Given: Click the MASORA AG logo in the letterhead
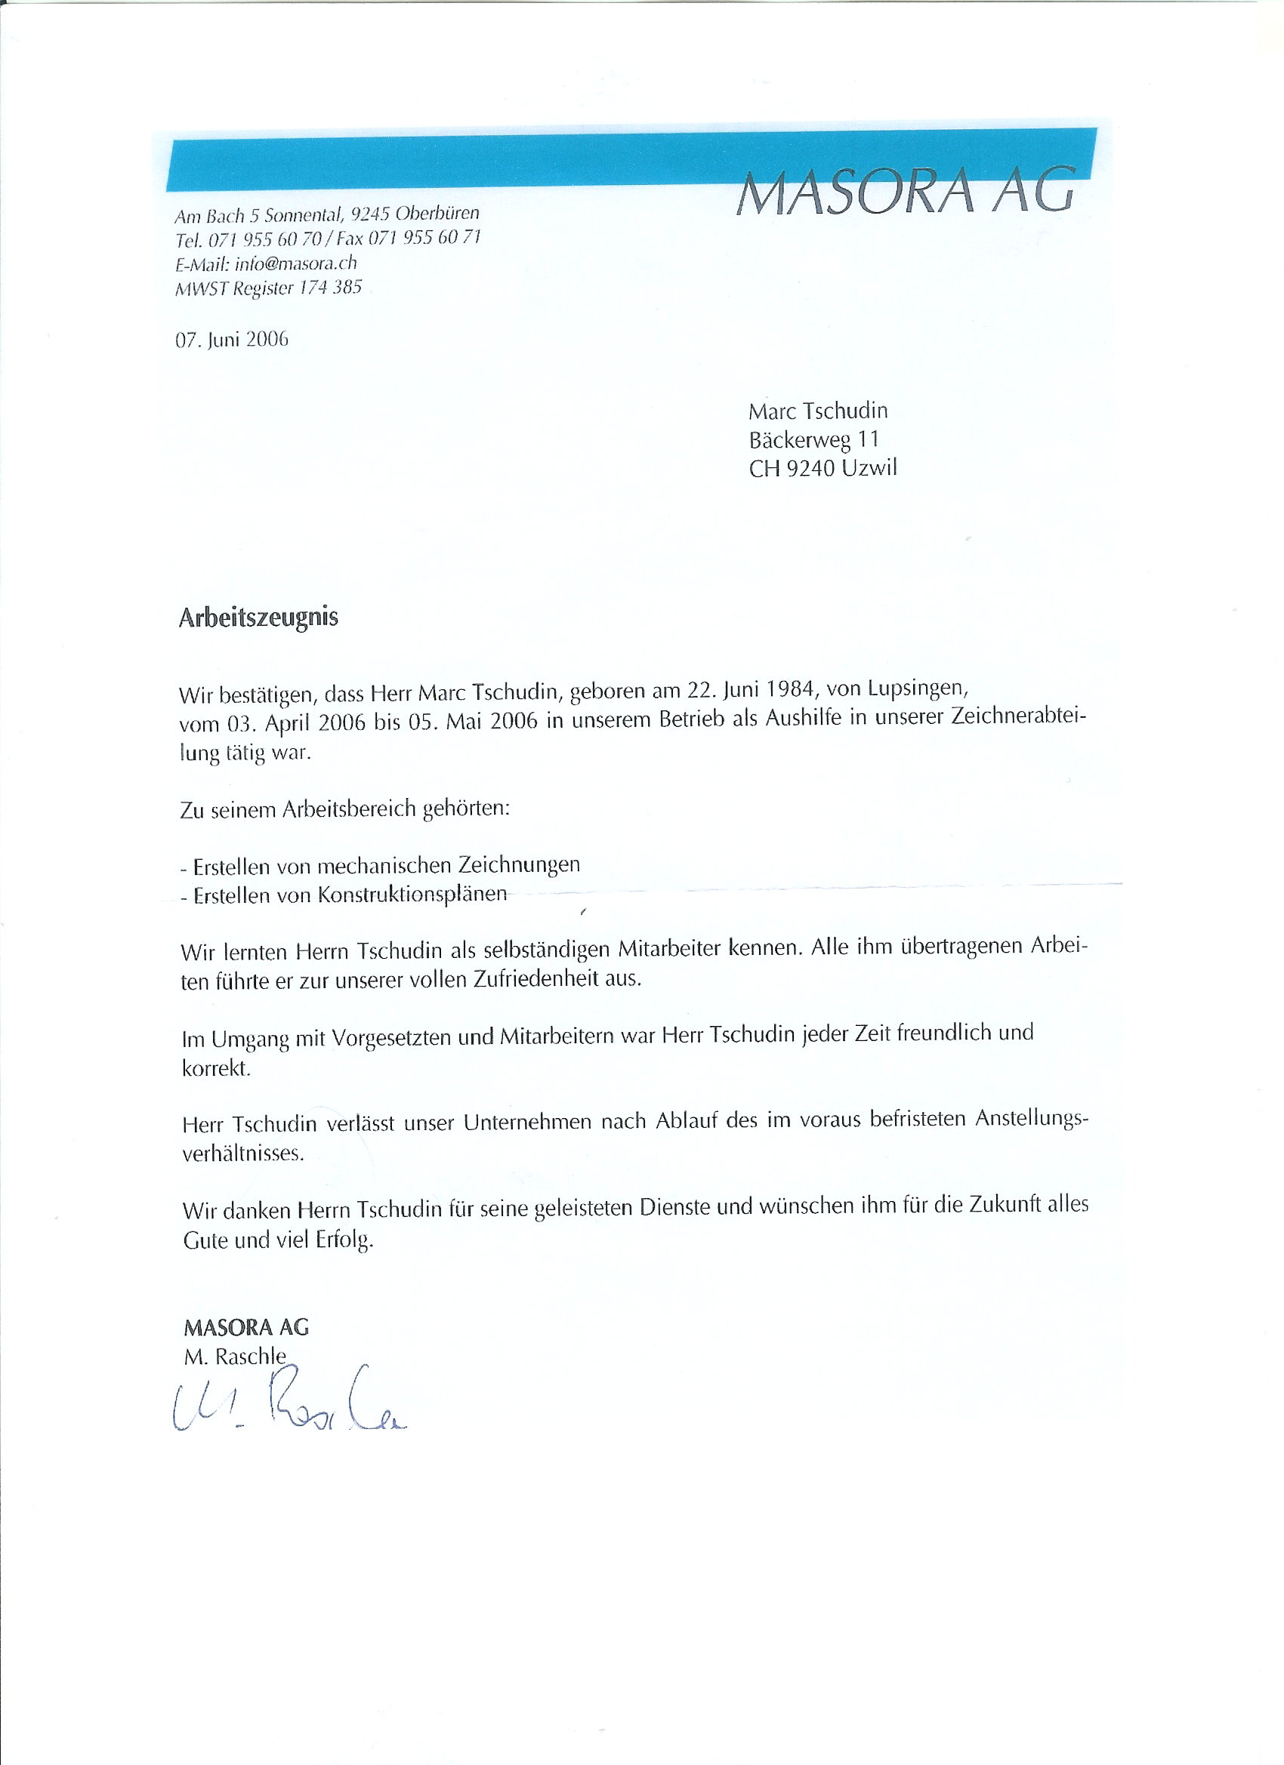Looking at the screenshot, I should point(905,192).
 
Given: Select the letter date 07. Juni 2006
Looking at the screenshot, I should point(231,339).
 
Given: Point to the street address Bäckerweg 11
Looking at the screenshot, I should point(813,439).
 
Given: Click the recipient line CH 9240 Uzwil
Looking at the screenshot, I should point(823,469).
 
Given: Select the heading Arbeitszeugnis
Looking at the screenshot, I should point(258,617).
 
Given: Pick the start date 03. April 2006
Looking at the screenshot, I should point(297,723).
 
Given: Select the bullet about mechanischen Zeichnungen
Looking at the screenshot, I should point(380,865).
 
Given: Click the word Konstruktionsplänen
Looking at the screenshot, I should point(412,895).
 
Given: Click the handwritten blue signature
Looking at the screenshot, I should point(288,1405).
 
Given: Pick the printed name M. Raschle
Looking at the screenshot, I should point(235,1357).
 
